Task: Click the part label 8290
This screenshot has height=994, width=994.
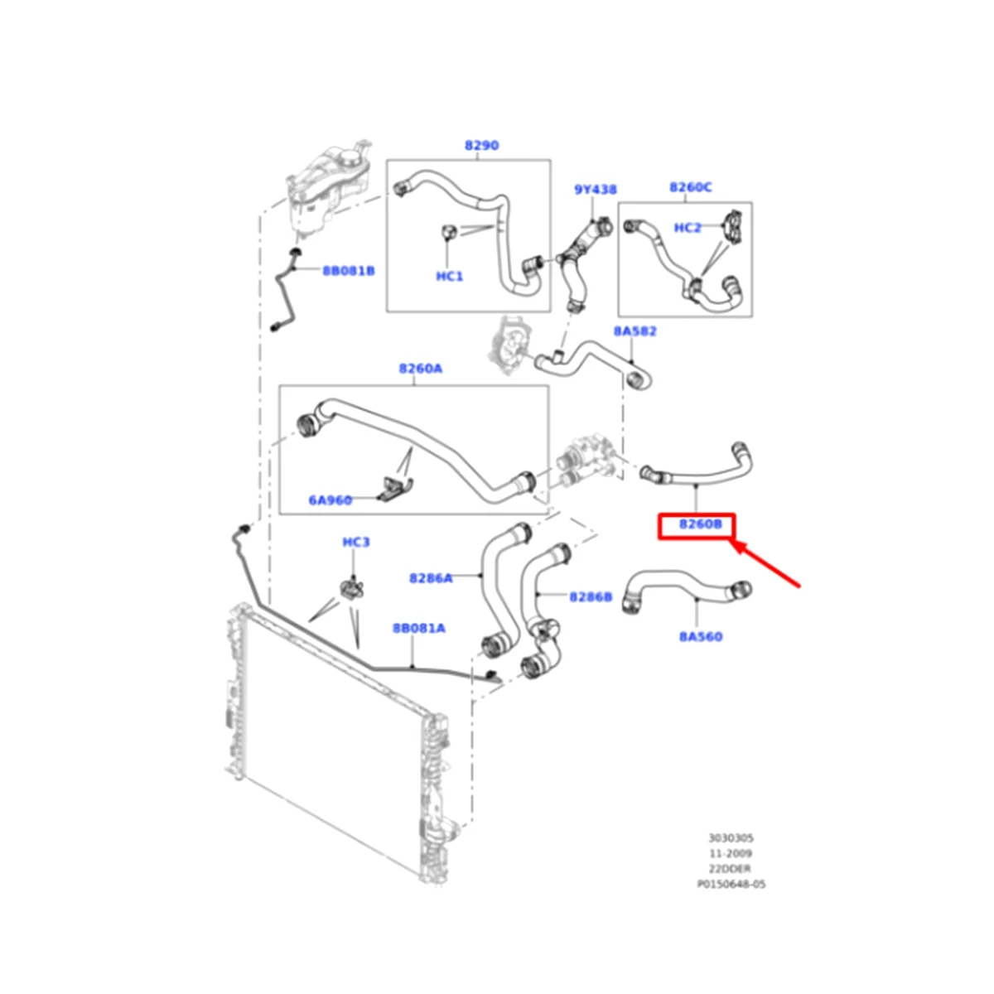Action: point(481,146)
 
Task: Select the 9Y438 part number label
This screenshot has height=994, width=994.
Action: point(595,190)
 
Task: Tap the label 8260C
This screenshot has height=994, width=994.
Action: point(690,187)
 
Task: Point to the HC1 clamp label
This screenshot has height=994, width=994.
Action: point(450,276)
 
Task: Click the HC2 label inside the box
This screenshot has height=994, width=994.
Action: point(688,228)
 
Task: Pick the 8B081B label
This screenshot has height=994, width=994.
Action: point(349,271)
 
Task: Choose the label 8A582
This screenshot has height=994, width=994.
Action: point(635,331)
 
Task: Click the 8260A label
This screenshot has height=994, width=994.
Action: point(420,368)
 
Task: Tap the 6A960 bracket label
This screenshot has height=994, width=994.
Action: point(330,500)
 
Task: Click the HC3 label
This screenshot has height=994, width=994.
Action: point(355,543)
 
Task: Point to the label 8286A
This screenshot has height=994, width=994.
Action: point(431,578)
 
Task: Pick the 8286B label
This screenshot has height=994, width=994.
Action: point(591,596)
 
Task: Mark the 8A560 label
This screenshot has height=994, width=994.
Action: point(700,637)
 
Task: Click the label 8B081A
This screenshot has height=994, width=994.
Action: point(418,629)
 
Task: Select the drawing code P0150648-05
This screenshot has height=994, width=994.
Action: point(731,884)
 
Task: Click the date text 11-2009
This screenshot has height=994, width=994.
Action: point(731,853)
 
